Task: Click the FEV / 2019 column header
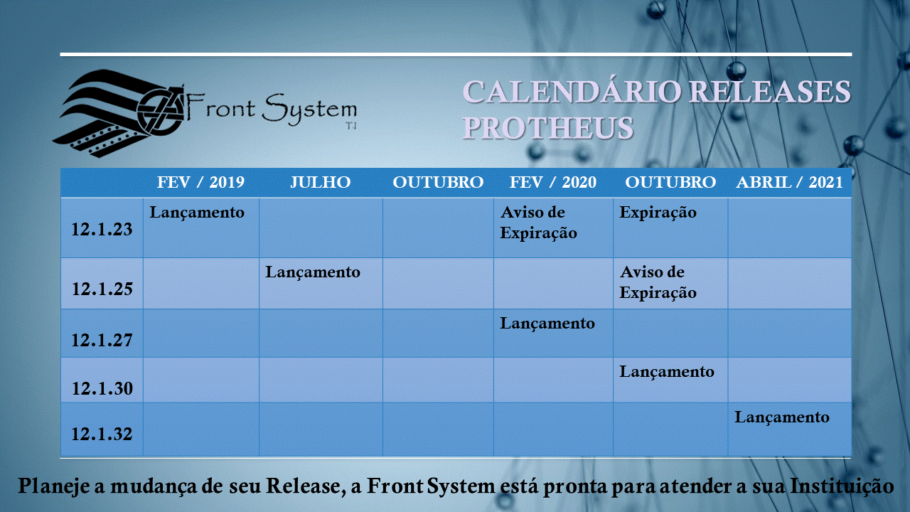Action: click(200, 182)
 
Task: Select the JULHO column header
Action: click(320, 182)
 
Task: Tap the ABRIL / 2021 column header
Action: click(789, 182)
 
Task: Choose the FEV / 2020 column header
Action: click(553, 182)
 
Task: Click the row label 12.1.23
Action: click(102, 230)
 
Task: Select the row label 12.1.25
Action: click(102, 289)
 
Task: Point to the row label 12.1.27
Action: click(102, 341)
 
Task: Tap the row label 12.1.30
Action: click(102, 389)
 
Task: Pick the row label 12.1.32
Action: click(102, 434)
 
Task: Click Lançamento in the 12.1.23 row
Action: click(197, 213)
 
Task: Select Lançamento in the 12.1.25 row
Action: click(313, 272)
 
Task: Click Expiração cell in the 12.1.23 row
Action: click(658, 213)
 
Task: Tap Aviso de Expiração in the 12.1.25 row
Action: click(658, 282)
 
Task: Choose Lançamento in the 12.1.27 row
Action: click(547, 324)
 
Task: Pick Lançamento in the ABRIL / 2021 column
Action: click(781, 417)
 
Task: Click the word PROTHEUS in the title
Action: click(548, 128)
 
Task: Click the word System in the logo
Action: click(309, 110)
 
